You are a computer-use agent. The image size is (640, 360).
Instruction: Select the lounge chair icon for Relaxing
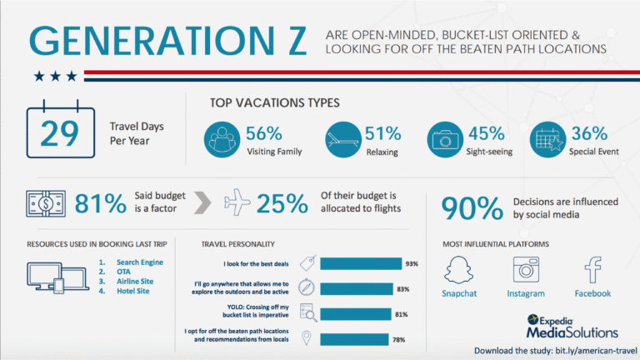[342, 139]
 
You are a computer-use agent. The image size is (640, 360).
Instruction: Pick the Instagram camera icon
[525, 270]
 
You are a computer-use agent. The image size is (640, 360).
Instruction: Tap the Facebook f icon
[592, 270]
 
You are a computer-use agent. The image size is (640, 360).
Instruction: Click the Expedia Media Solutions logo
[559, 324]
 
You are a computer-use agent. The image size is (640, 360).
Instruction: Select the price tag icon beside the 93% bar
[307, 264]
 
